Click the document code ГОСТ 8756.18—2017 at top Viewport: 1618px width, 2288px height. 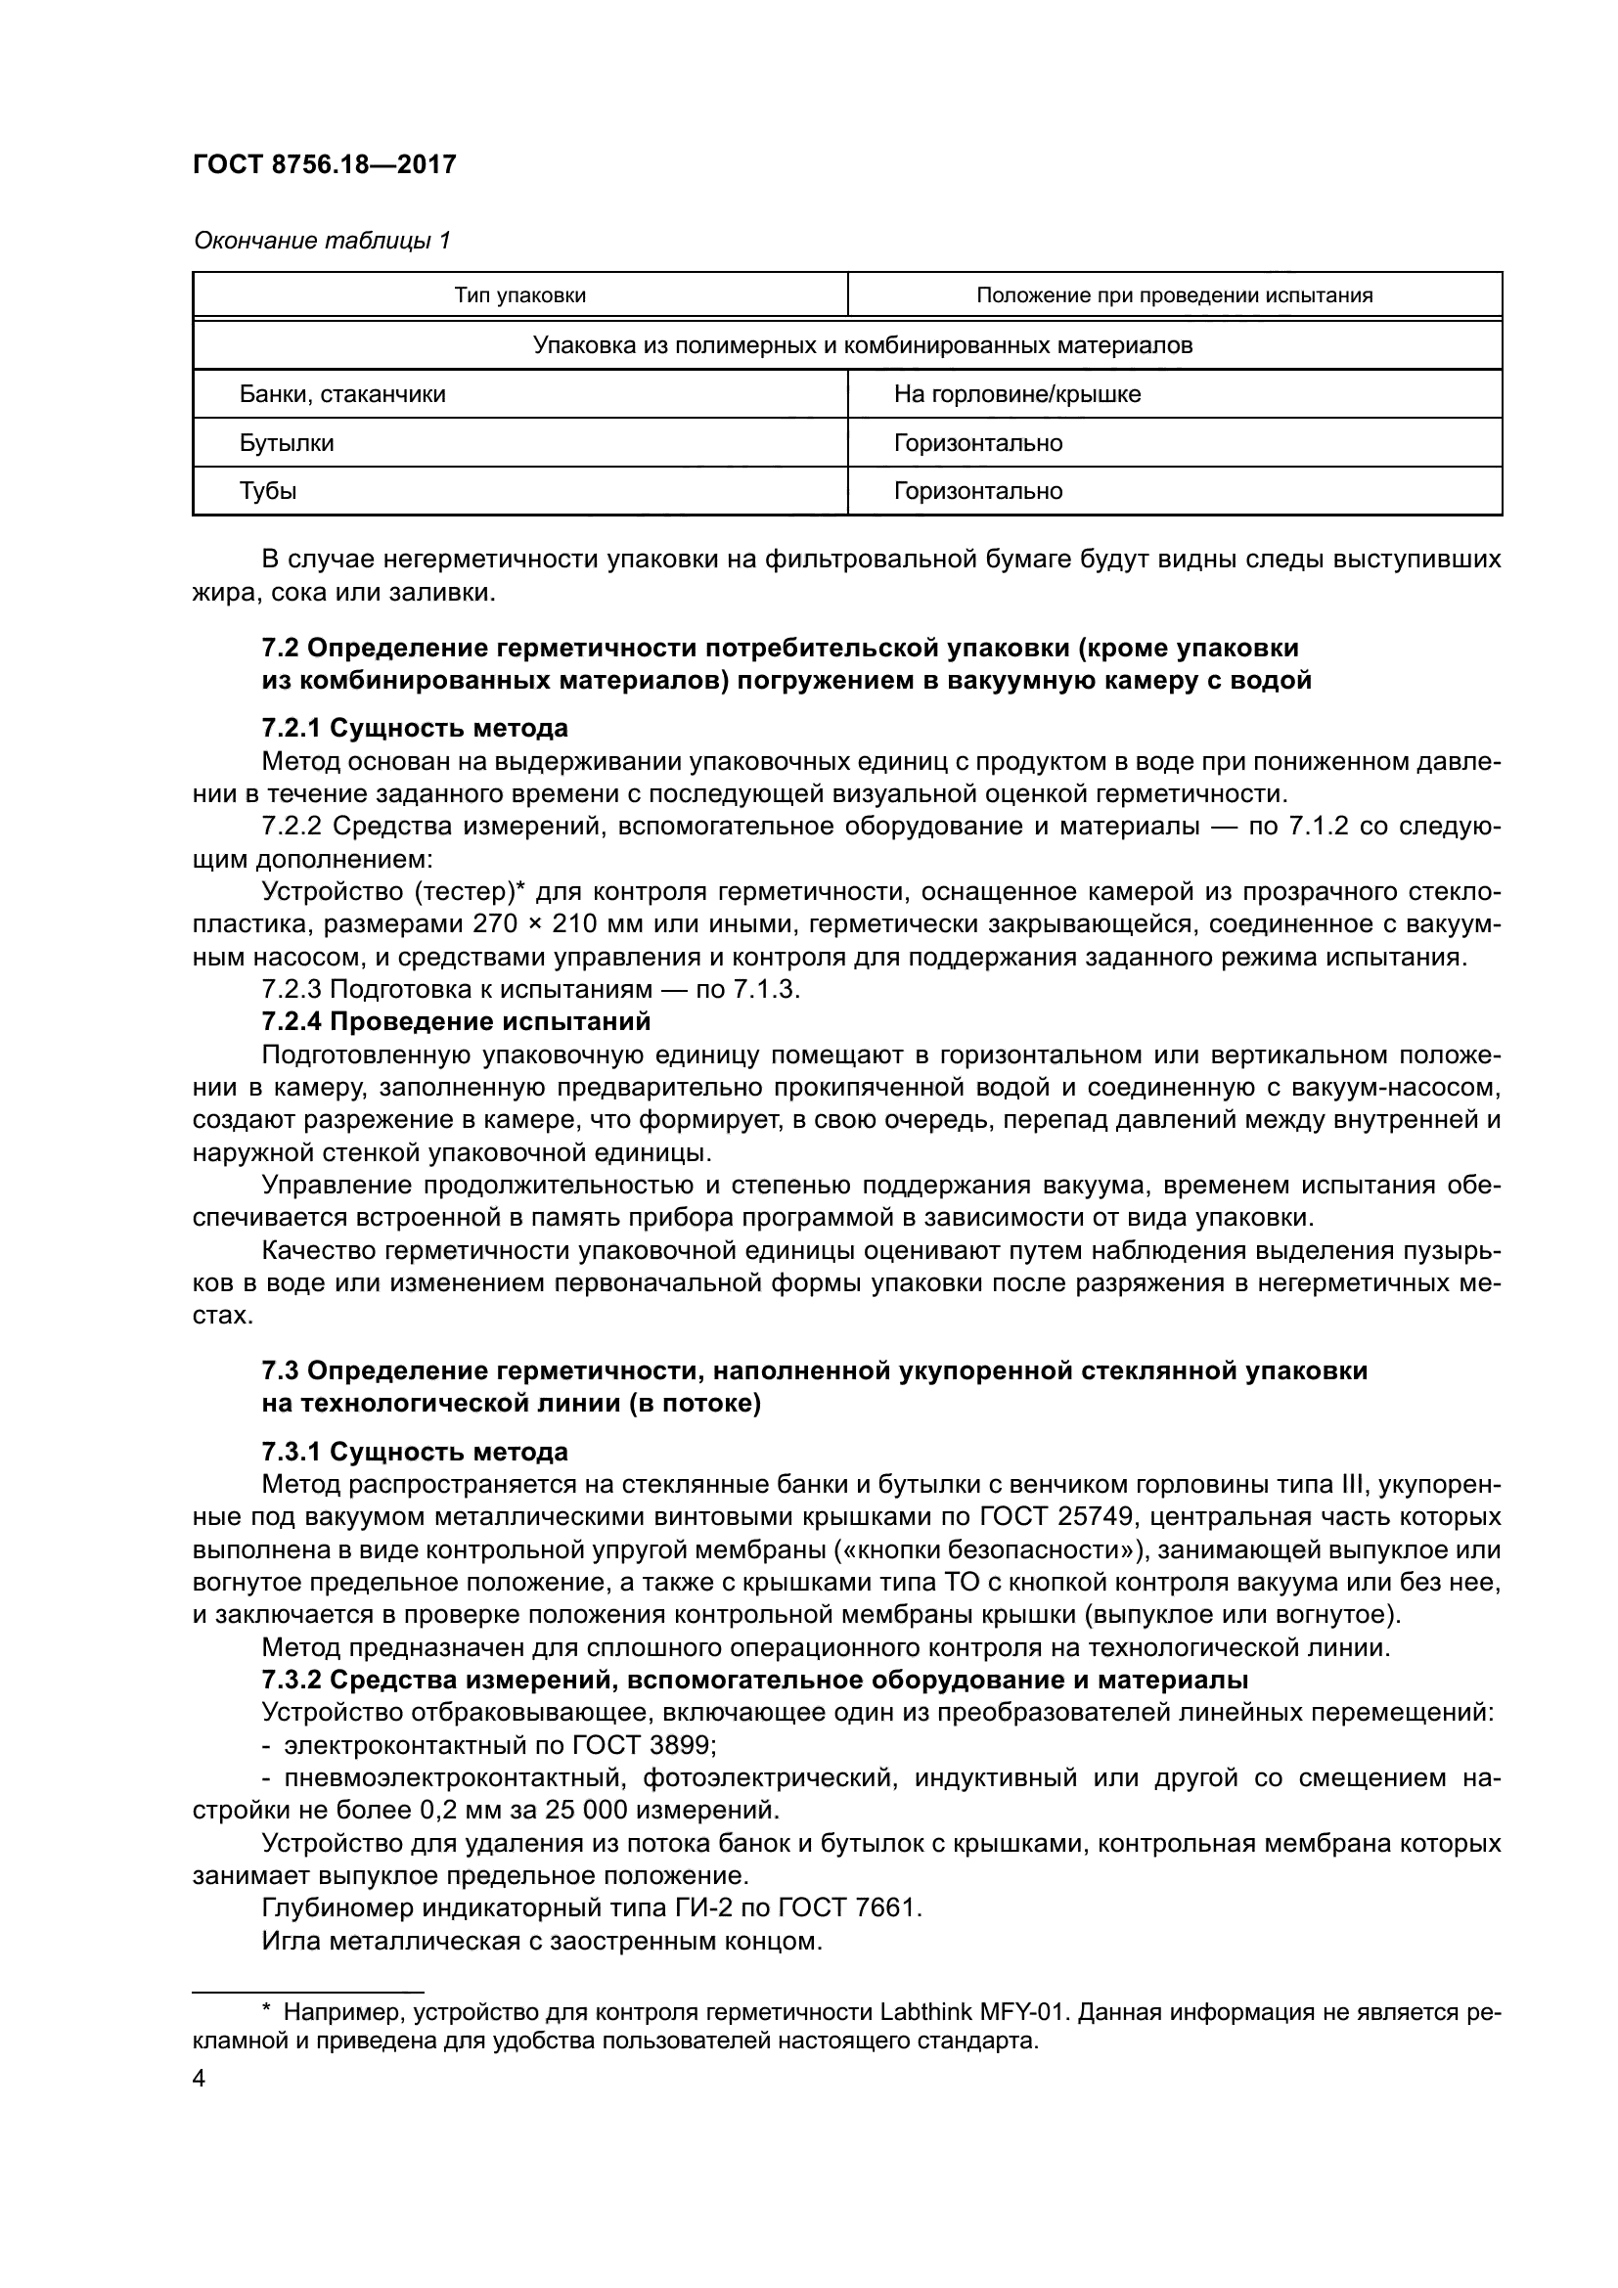[x=324, y=165]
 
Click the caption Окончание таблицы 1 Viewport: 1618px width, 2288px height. [x=322, y=241]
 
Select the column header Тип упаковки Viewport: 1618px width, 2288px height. [x=519, y=295]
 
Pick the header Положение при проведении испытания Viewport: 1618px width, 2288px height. [x=1174, y=295]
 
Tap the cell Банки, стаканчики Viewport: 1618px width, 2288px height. [x=341, y=394]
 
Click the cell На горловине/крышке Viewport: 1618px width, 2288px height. [x=1016, y=394]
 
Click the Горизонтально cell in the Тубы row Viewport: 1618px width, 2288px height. [x=977, y=491]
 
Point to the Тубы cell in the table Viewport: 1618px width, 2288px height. [x=267, y=491]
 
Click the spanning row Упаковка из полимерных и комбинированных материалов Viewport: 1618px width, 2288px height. [x=847, y=345]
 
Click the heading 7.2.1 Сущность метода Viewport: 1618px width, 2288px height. [x=415, y=729]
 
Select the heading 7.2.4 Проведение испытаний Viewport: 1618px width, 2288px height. [x=455, y=1021]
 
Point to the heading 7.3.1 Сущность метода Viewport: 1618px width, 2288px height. [x=415, y=1452]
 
